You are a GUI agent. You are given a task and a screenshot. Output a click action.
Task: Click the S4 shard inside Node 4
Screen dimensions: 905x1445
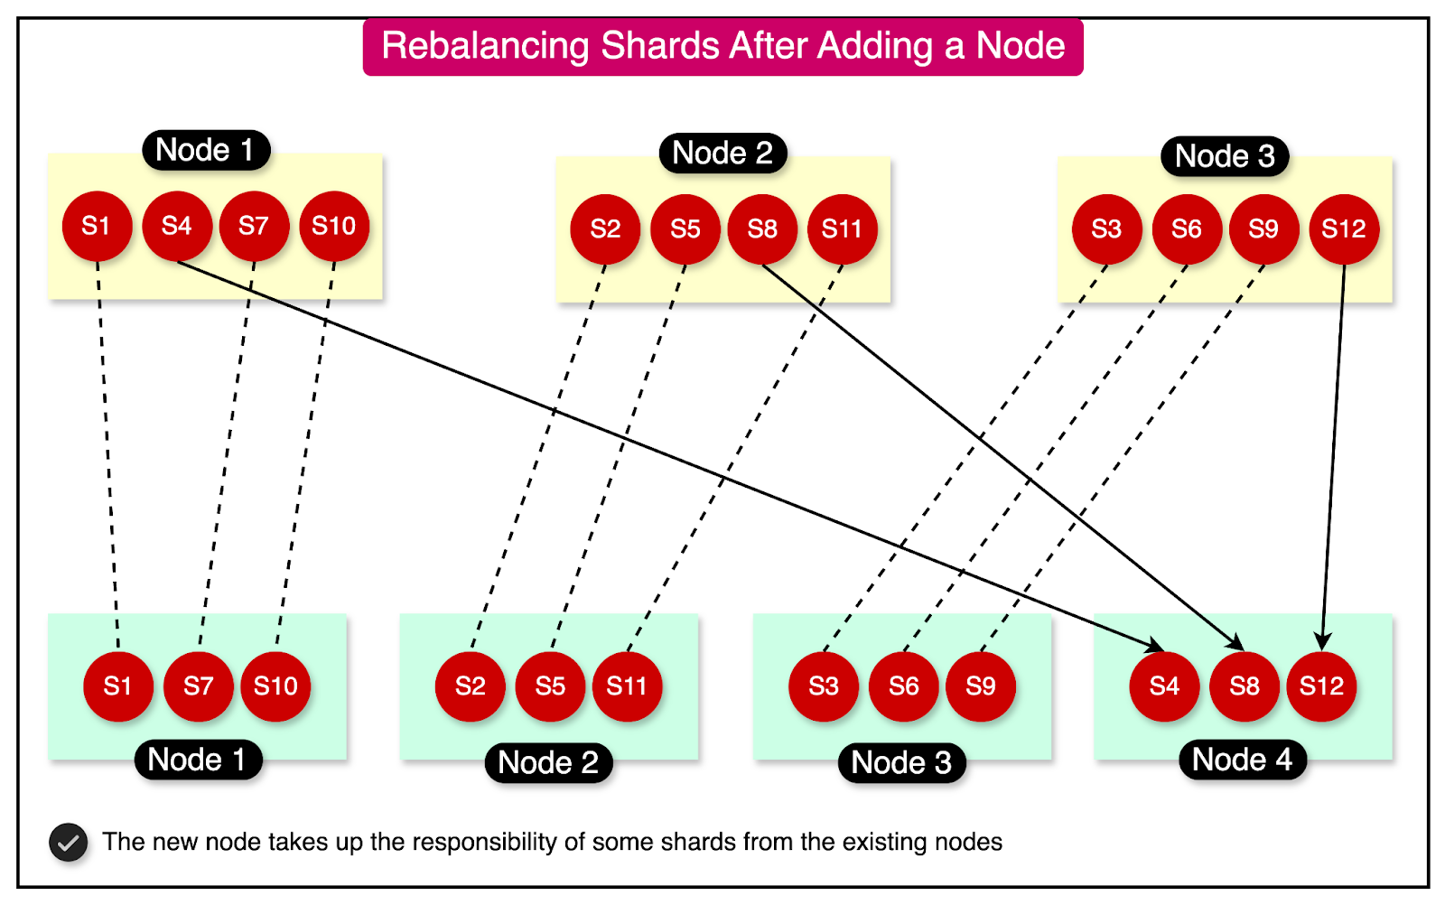click(1164, 686)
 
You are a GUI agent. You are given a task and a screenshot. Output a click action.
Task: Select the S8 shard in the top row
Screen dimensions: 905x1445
click(762, 229)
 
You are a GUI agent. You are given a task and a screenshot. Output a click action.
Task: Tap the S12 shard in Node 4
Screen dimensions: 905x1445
click(1321, 686)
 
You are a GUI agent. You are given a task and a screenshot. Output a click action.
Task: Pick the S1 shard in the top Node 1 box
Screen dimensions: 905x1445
click(97, 226)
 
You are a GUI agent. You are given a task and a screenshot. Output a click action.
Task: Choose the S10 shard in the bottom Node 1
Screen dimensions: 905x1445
click(275, 686)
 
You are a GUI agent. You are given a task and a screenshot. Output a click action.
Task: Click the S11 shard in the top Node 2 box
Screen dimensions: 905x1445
click(842, 229)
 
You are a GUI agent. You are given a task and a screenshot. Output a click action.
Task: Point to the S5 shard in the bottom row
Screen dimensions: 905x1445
click(550, 686)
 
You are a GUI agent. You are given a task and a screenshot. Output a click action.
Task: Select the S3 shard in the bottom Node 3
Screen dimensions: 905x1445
click(823, 686)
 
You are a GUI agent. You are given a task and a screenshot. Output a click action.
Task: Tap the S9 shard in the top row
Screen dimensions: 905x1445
click(1263, 229)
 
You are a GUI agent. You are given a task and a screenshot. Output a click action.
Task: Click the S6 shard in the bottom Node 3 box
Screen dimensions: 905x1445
click(903, 686)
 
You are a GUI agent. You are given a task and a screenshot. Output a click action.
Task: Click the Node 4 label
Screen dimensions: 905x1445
click(1242, 760)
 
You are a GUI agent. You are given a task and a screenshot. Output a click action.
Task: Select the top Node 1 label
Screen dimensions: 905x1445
click(205, 150)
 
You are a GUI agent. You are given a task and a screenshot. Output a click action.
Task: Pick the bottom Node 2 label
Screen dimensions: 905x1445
click(548, 763)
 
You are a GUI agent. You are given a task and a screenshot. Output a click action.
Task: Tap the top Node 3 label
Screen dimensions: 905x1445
click(1225, 156)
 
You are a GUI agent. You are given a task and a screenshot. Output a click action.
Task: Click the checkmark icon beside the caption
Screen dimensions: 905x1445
click(69, 843)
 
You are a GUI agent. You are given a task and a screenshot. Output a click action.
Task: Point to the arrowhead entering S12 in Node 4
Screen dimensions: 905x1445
click(1323, 641)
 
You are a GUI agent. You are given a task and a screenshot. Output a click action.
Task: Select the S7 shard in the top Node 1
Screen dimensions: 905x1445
click(254, 226)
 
